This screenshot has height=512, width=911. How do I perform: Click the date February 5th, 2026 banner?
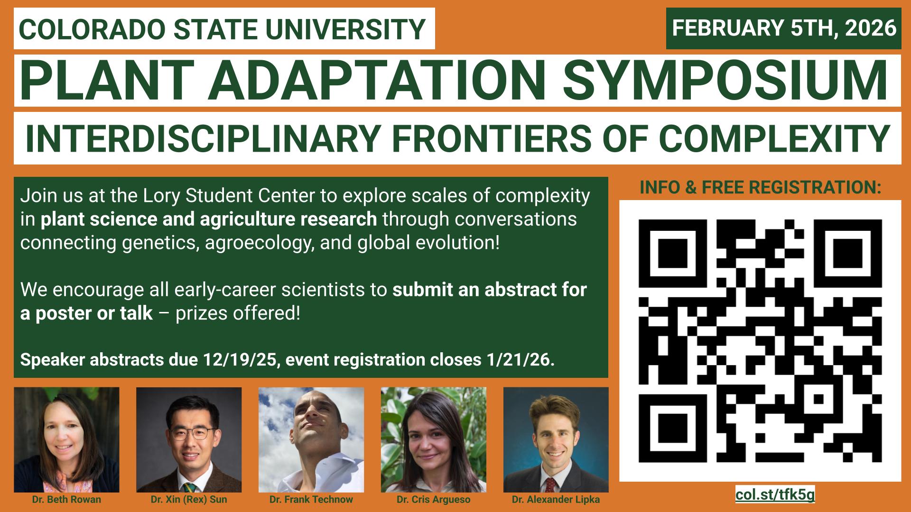(783, 28)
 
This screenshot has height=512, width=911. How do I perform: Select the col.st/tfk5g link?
(775, 494)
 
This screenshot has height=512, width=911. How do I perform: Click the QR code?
(760, 341)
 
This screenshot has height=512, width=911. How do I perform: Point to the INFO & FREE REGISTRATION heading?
(760, 188)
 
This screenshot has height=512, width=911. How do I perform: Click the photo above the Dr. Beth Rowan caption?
(66, 440)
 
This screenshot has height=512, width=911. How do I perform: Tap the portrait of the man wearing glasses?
(189, 440)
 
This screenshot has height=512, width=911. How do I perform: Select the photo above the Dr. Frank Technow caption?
(311, 440)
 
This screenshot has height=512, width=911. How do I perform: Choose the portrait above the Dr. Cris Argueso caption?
(434, 440)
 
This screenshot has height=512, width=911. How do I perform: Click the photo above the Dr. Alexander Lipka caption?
(556, 440)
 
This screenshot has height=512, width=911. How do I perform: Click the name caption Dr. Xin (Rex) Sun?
(189, 500)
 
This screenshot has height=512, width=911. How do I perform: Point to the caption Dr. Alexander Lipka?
(556, 500)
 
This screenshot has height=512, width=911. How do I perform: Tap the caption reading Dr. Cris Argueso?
(434, 500)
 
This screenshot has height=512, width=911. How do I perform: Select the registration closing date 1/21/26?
(520, 360)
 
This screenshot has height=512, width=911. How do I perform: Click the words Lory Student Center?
(209, 196)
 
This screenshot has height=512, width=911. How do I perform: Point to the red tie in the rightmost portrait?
(549, 484)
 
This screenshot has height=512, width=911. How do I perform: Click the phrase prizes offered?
(238, 313)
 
